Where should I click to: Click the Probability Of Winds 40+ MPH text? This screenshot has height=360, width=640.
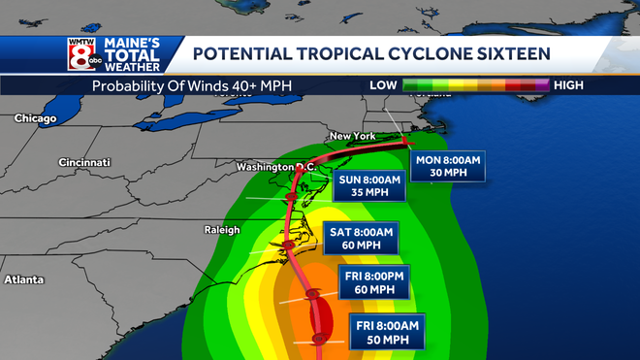192,85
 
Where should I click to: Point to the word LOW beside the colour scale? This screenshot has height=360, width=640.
383,85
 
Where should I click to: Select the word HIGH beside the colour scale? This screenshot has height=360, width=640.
568,85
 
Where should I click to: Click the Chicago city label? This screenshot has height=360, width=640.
35,118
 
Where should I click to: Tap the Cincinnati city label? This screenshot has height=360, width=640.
84,162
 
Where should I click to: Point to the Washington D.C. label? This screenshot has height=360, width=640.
277,167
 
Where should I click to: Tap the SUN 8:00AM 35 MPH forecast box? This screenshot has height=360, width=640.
367,187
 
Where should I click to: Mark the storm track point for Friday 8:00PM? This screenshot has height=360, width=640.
312,294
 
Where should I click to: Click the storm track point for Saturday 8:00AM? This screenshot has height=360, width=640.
288,245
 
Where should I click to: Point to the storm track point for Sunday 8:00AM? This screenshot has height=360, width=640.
292,198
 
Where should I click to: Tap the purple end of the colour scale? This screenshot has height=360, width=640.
544,85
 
